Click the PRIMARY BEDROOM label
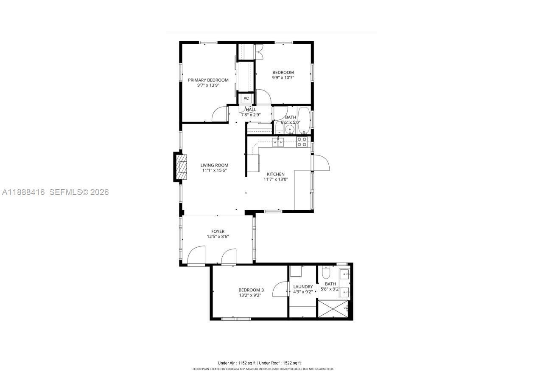[208, 80]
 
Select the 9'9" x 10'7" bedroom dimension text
[283, 78]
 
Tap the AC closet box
[246, 99]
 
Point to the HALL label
[251, 110]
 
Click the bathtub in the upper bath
[304, 120]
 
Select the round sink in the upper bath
[290, 129]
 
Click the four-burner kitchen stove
[302, 142]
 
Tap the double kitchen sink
[278, 141]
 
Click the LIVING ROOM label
[214, 165]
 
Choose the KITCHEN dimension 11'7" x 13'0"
[276, 179]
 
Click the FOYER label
[218, 232]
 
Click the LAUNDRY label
[303, 287]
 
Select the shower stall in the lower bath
[333, 308]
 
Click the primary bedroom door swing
[220, 114]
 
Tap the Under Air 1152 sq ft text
[237, 363]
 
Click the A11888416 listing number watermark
[24, 192]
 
